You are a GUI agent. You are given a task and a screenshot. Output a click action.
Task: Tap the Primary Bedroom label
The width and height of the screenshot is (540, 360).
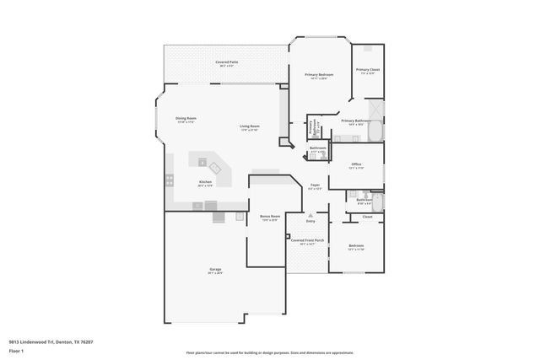[319, 76]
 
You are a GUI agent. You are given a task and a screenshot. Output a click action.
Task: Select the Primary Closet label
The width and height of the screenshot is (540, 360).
[367, 71]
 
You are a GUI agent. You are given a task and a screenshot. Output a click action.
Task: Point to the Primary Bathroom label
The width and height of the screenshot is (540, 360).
[355, 121]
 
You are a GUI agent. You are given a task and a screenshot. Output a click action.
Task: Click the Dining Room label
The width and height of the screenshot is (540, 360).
[186, 119]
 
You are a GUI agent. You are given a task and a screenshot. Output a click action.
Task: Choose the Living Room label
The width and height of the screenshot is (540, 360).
[250, 127]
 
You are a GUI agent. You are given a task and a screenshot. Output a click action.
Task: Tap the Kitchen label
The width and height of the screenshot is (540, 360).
[205, 183]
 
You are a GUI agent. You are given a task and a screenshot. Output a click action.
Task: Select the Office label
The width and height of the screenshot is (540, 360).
[356, 165]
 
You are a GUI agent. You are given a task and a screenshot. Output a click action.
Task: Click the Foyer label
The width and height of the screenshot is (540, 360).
[315, 186]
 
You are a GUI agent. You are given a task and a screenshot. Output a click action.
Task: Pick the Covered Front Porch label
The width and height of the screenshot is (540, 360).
[307, 241]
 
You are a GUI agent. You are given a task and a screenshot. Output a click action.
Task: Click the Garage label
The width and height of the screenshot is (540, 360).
[216, 271]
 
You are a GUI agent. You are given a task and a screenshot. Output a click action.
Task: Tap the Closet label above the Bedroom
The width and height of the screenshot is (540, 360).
[367, 218]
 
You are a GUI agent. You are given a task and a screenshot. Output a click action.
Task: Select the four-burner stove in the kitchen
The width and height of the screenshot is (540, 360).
[170, 180]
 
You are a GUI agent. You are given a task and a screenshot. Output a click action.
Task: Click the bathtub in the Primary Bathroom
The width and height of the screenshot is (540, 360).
[376, 132]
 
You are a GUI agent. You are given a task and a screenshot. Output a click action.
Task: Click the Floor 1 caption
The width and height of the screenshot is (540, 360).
[16, 350]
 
